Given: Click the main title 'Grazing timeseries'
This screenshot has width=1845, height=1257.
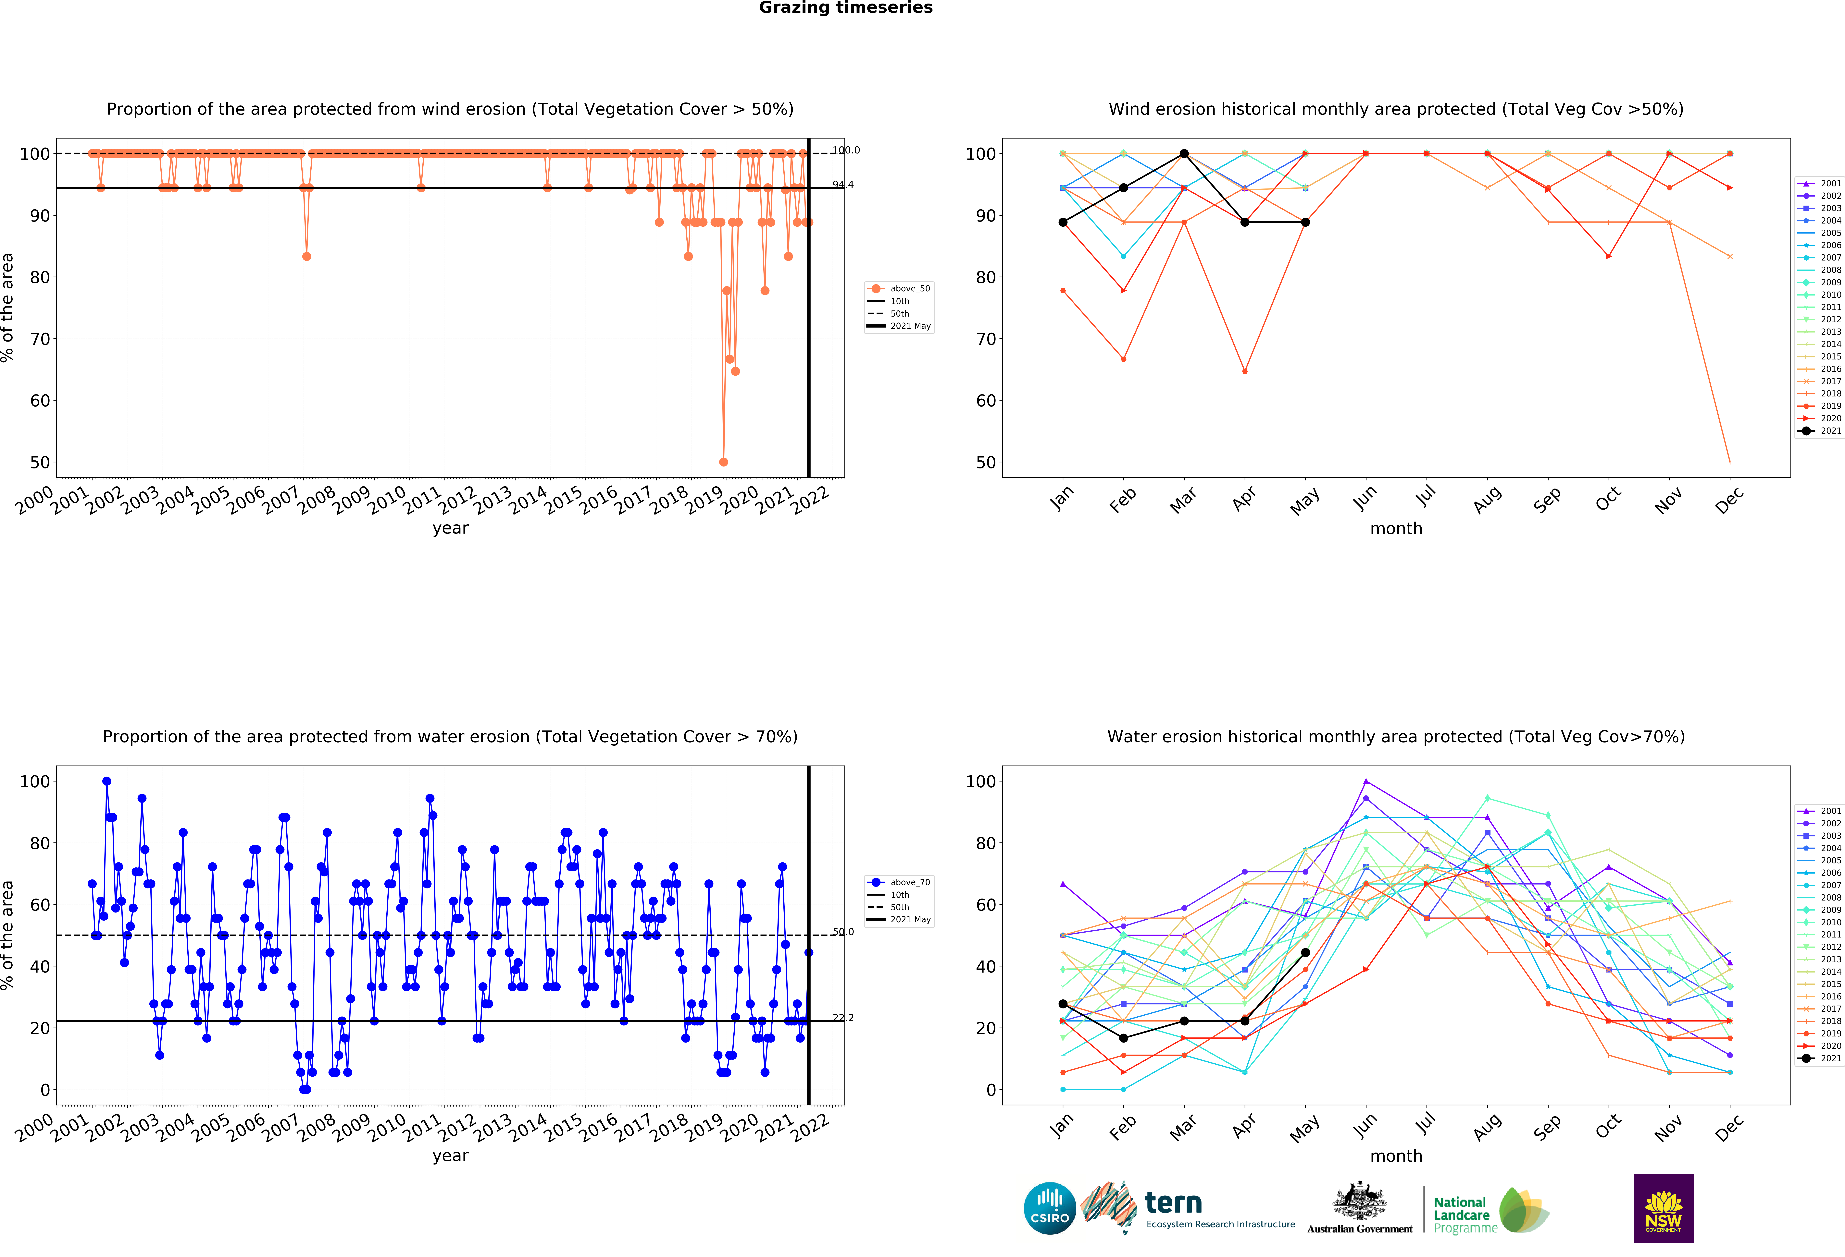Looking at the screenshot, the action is click(845, 8).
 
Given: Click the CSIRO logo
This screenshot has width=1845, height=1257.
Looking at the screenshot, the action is click(1050, 1209).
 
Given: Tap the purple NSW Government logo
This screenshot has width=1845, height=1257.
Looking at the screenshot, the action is click(1663, 1208).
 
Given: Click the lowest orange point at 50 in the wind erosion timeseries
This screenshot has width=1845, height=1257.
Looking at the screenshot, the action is click(723, 462).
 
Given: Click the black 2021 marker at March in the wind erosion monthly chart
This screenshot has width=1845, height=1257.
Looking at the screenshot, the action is click(1184, 153).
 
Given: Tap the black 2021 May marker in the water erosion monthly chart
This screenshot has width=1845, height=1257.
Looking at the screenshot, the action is click(1305, 952).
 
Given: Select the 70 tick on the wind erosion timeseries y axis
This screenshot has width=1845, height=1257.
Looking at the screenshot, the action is click(40, 339).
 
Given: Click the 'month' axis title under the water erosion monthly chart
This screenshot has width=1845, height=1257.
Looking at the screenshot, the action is click(1396, 1156).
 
